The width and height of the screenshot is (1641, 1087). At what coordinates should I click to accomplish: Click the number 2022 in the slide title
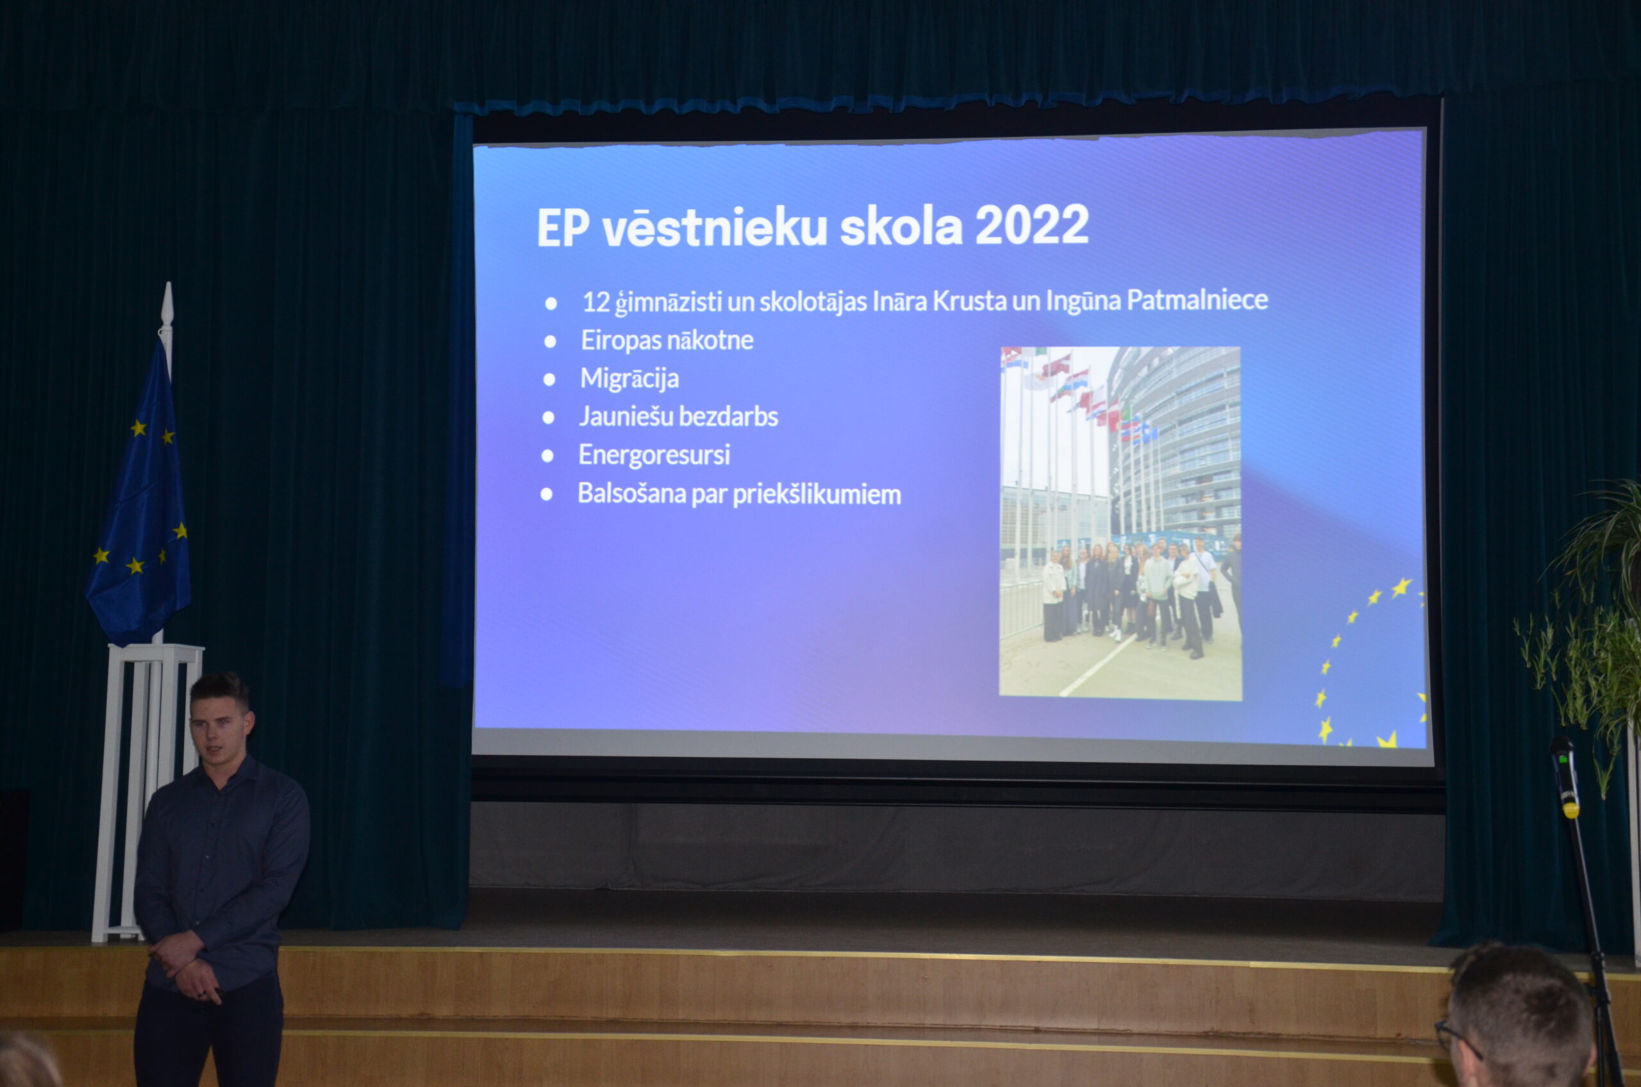point(1031,226)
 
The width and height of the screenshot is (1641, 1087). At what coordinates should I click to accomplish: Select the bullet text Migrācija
point(629,379)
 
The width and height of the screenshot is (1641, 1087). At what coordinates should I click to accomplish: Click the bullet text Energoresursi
point(654,455)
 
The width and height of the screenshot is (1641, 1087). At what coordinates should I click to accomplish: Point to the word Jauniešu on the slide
point(627,417)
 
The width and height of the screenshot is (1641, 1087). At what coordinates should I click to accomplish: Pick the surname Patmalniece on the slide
point(1197,299)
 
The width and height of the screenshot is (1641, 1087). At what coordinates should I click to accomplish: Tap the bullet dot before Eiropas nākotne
point(551,341)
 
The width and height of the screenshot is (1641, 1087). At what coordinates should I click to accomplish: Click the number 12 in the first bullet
point(596,303)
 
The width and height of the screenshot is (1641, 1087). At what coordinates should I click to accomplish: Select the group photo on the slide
point(1120,524)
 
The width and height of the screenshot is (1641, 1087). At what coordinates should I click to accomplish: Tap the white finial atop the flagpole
point(167,306)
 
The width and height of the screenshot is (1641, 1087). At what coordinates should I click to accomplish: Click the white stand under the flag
point(147,792)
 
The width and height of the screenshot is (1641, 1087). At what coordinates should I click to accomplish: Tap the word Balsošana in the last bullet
point(631,494)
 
